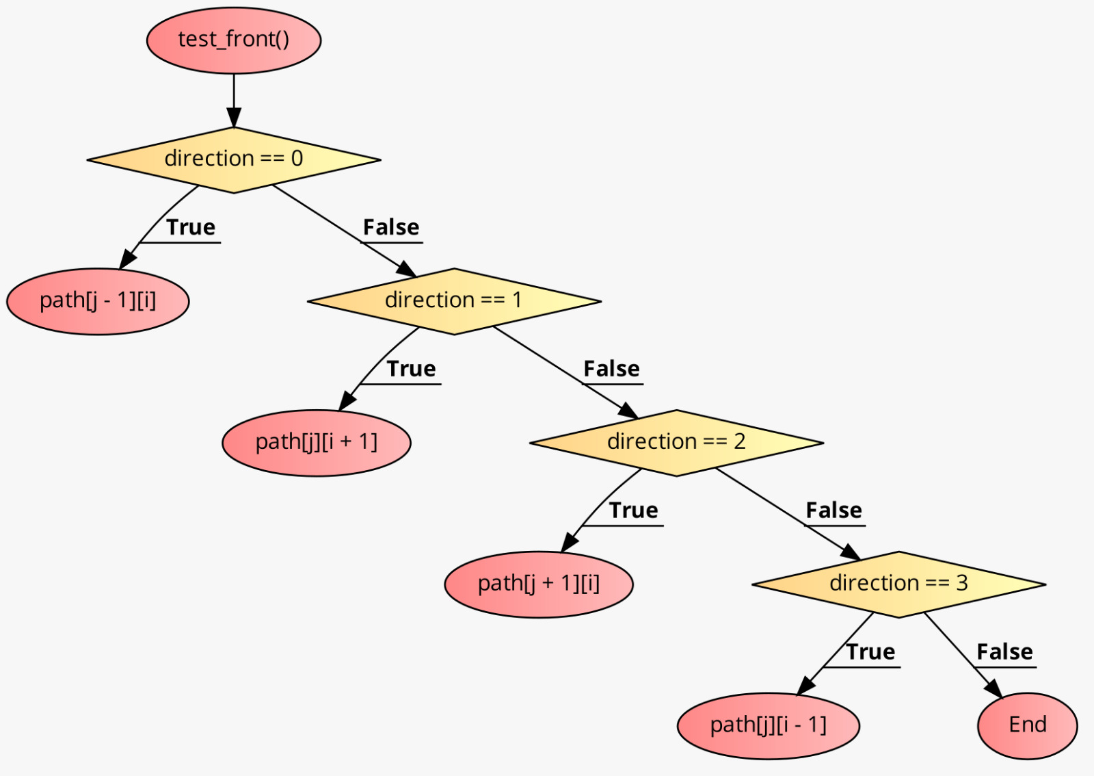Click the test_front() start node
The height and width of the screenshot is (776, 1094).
pyautogui.click(x=234, y=40)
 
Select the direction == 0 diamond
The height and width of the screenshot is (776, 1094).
pyautogui.click(x=234, y=159)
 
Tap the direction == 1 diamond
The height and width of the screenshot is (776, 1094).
pyautogui.click(x=454, y=301)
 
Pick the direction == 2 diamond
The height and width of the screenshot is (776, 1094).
pyautogui.click(x=676, y=443)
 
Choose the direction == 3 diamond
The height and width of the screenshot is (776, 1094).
pyautogui.click(x=898, y=584)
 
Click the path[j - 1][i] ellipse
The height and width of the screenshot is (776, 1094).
pyautogui.click(x=98, y=301)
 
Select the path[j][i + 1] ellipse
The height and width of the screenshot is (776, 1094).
pyautogui.click(x=317, y=443)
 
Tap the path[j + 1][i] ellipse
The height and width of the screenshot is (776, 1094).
pyautogui.click(x=539, y=584)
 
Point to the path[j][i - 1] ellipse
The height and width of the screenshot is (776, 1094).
pyautogui.click(x=768, y=725)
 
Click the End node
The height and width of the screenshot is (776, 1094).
pyautogui.click(x=1027, y=725)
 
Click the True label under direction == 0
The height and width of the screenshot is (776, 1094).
pyautogui.click(x=191, y=227)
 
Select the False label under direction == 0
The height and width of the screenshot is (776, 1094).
pyautogui.click(x=391, y=227)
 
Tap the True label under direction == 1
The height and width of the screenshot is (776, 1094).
pyautogui.click(x=411, y=369)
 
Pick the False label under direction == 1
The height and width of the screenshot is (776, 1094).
pyautogui.click(x=611, y=369)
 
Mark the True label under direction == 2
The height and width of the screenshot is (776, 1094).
pyautogui.click(x=633, y=510)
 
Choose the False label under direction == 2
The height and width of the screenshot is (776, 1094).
pyautogui.click(x=833, y=510)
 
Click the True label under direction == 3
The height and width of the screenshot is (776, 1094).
pyautogui.click(x=870, y=652)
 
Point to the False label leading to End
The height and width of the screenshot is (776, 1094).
pyautogui.click(x=1004, y=652)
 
